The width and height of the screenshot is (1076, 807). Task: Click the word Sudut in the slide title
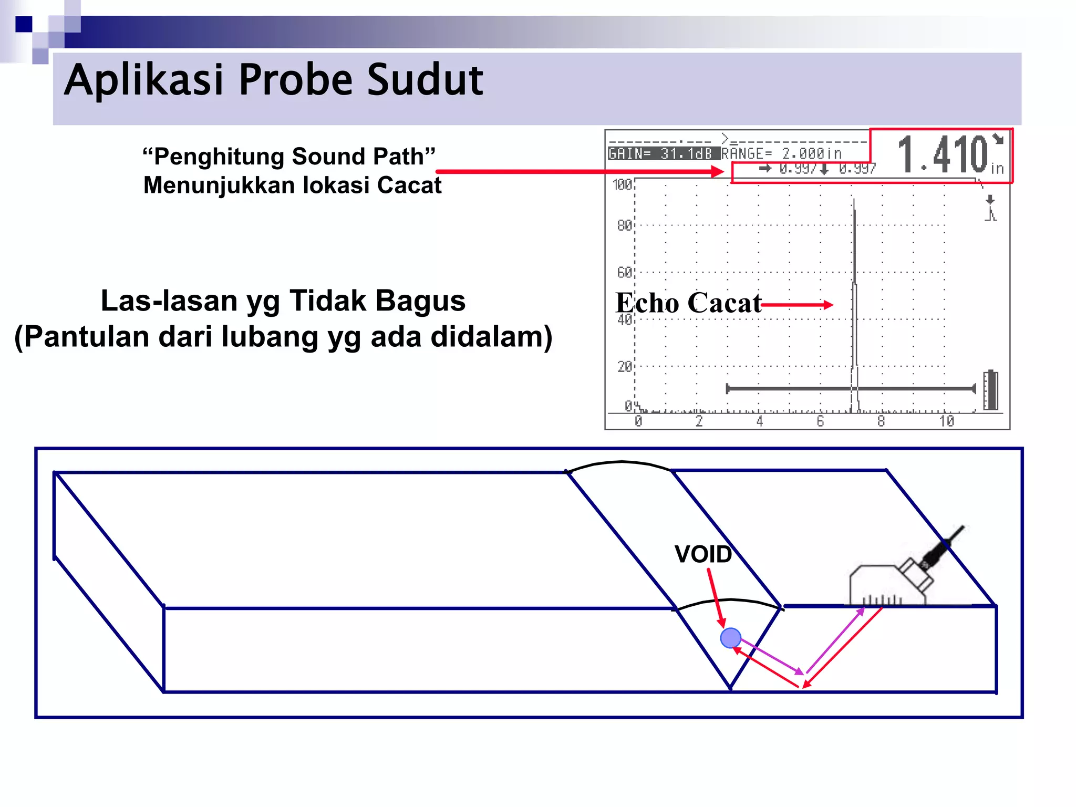click(x=425, y=80)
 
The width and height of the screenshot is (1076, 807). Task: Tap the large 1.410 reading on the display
click(x=943, y=154)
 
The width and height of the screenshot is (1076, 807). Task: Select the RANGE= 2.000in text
click(x=781, y=154)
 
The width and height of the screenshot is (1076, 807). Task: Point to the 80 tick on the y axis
click(x=624, y=226)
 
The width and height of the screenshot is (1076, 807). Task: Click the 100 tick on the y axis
click(x=622, y=185)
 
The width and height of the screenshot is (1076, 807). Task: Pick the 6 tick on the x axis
click(x=820, y=421)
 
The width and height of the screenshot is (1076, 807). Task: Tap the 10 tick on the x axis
click(x=946, y=421)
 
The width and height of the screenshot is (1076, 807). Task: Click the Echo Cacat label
click(x=688, y=303)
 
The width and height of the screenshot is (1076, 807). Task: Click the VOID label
click(x=703, y=555)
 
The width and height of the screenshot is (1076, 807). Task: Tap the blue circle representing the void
click(x=730, y=638)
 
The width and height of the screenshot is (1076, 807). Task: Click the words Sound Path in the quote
click(x=357, y=157)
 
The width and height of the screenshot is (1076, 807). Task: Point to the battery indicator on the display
click(x=991, y=390)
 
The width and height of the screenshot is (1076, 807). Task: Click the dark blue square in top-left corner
click(x=24, y=24)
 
